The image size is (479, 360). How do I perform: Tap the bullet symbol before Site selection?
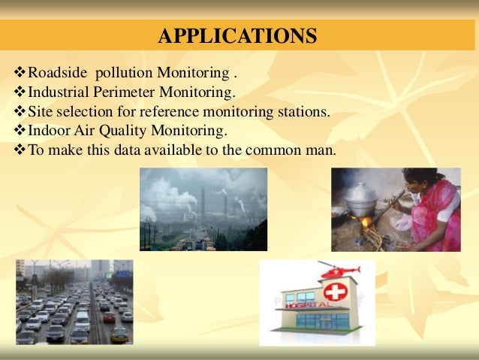20,113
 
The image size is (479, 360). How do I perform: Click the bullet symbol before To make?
20,150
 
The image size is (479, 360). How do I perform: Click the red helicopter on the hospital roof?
339,269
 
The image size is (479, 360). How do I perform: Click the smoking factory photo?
203,209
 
